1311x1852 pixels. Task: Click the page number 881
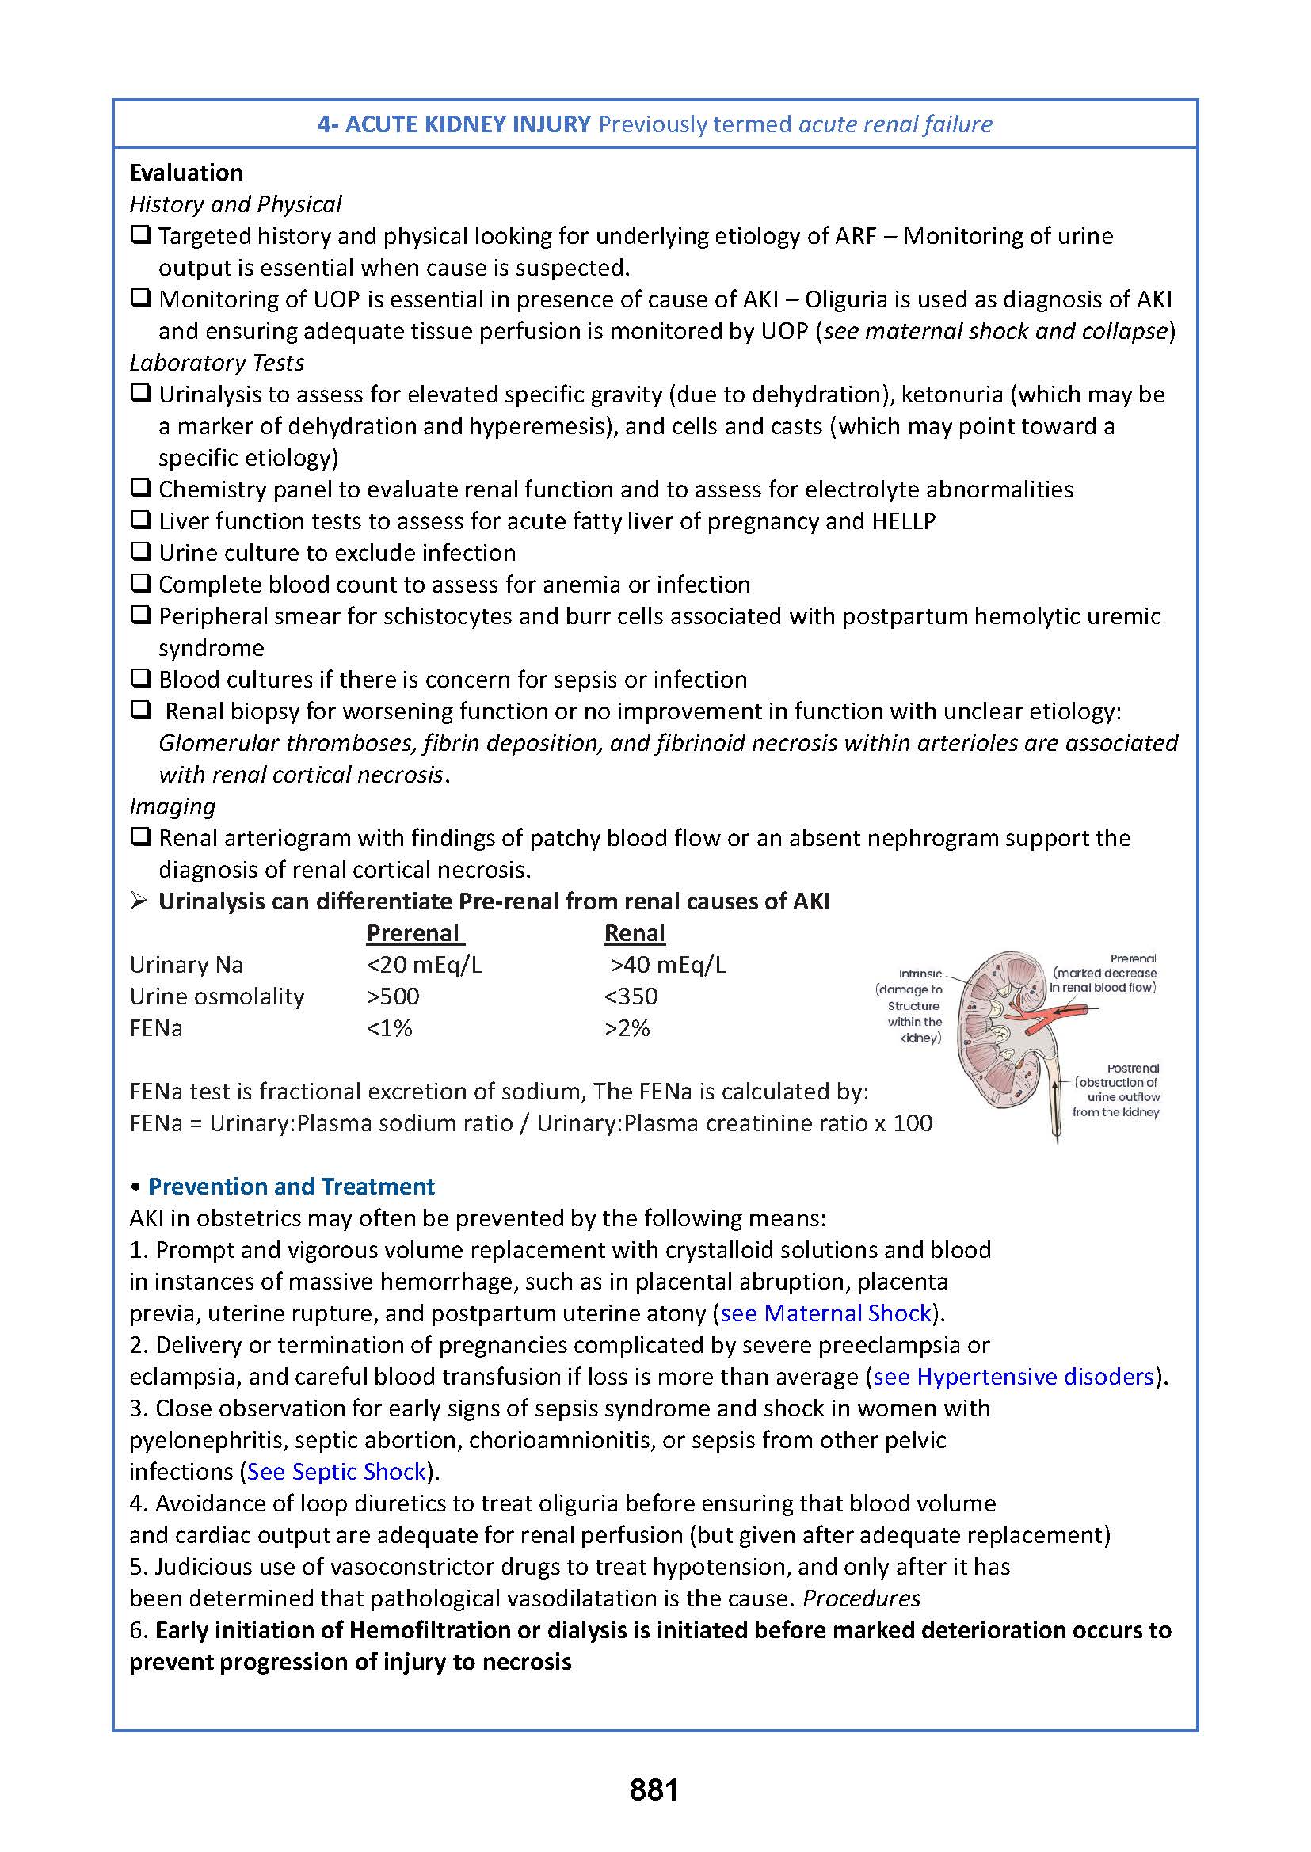(x=654, y=1790)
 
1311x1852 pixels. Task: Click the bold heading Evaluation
(x=185, y=173)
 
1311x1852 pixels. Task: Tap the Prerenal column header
(x=415, y=933)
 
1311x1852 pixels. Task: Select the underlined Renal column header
(x=635, y=933)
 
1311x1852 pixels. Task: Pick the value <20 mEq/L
(x=424, y=965)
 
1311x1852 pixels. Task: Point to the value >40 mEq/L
(x=669, y=965)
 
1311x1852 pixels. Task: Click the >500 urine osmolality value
(x=393, y=996)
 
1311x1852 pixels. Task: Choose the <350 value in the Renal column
(x=631, y=996)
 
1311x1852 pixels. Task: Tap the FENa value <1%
(x=389, y=1028)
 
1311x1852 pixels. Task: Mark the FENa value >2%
(x=627, y=1028)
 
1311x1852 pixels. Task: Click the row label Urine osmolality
(x=217, y=996)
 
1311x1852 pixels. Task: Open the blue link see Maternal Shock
(x=826, y=1313)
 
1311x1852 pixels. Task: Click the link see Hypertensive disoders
(x=1014, y=1377)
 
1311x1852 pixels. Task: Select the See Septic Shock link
(x=337, y=1472)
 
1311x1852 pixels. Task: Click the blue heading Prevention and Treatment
(x=292, y=1187)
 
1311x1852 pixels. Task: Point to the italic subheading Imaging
(x=173, y=806)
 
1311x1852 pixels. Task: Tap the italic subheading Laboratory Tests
(x=217, y=364)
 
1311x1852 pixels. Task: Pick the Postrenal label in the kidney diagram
(x=1133, y=1068)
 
